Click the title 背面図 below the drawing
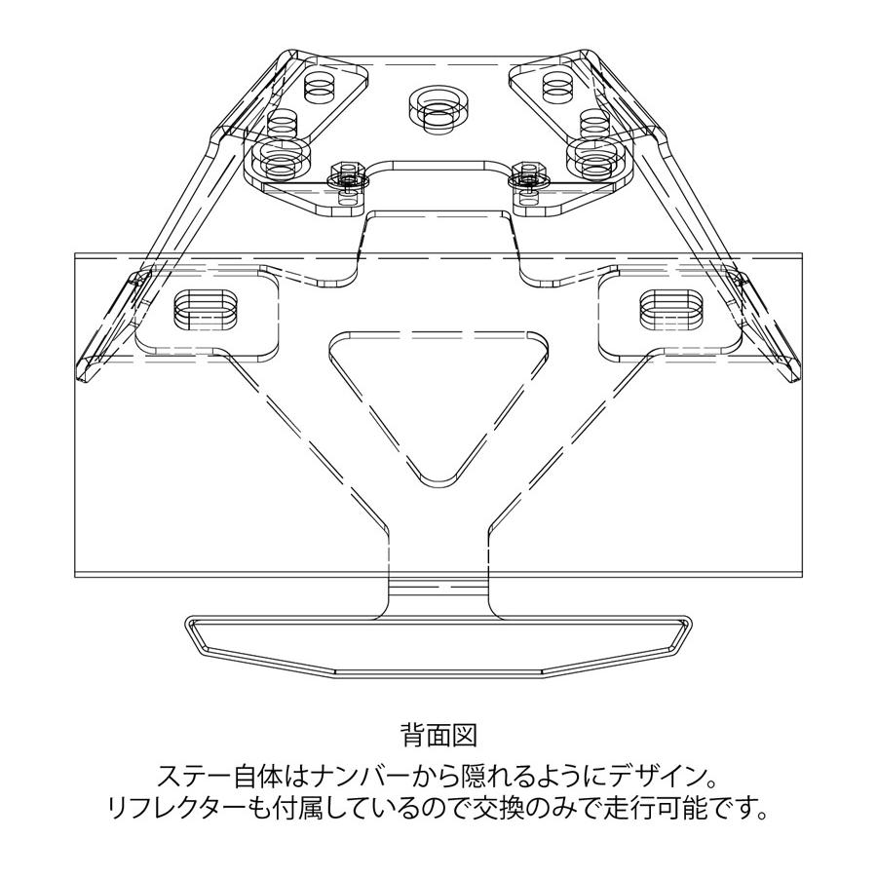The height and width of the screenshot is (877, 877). pos(439,735)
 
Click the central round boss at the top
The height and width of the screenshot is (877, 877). pos(438,108)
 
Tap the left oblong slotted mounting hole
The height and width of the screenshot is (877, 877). pos(205,309)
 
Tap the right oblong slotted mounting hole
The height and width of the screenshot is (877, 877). pos(670,309)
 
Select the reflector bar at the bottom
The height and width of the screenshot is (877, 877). pos(438,647)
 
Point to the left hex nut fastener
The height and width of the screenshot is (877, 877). pos(347,178)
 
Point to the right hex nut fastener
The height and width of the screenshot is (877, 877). pos(528,178)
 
